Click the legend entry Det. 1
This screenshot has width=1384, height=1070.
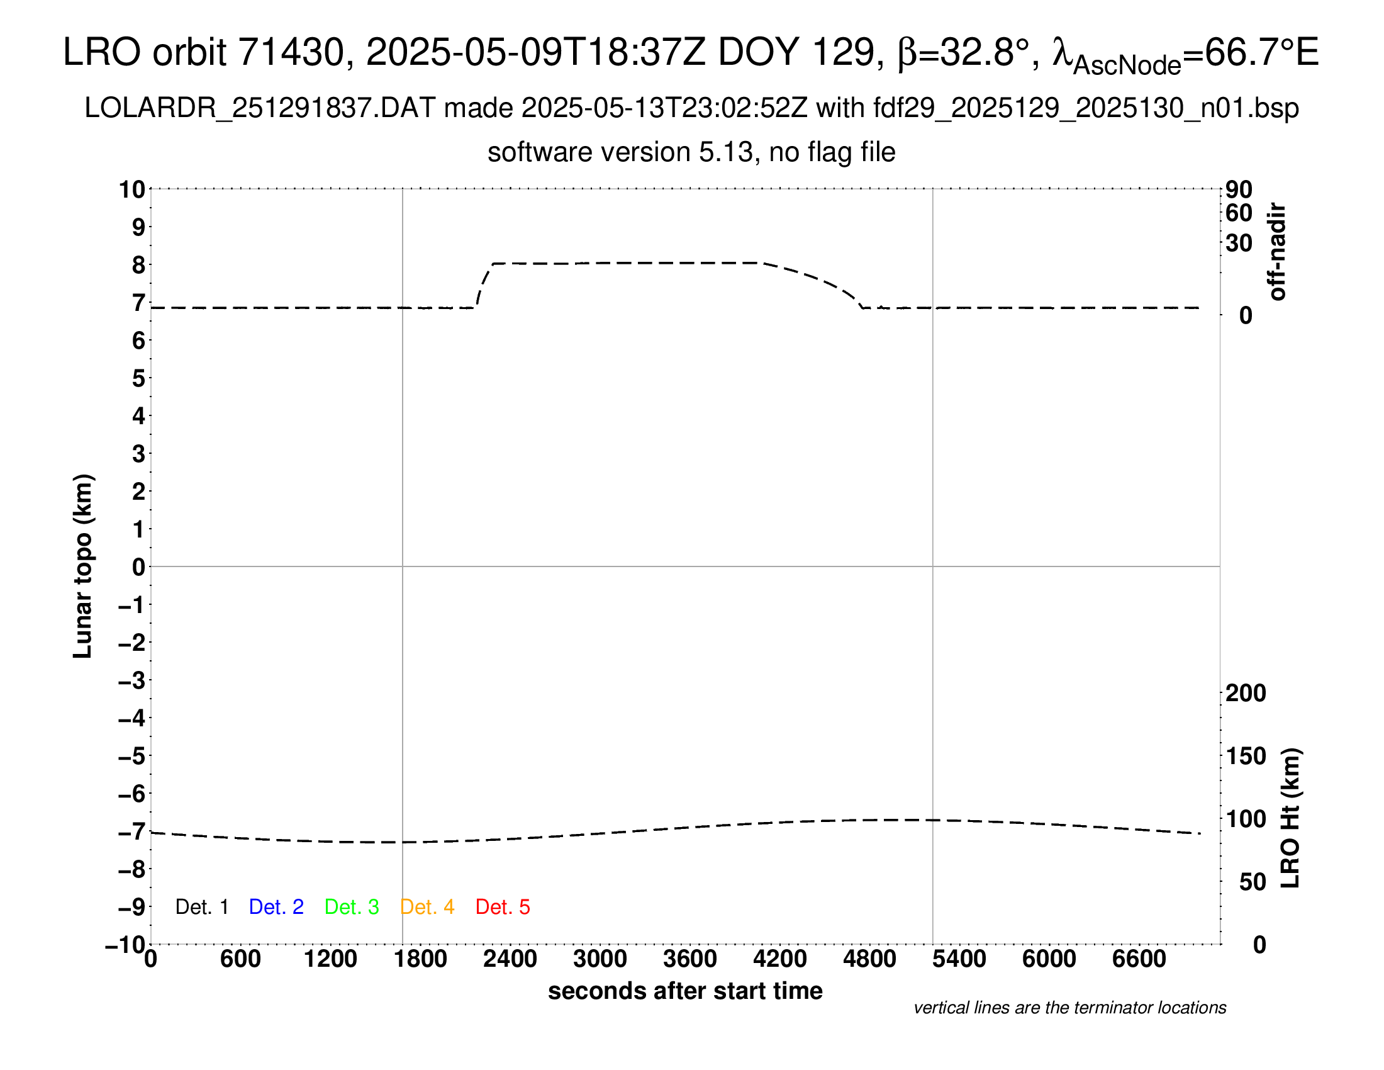[201, 907]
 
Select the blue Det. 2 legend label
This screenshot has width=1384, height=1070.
[276, 907]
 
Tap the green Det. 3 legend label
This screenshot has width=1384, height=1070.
[352, 907]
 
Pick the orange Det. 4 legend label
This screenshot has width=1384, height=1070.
[427, 907]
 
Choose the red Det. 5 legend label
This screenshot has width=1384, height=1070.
[503, 907]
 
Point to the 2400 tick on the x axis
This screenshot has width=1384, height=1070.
[510, 959]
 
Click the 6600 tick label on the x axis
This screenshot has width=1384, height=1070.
[1139, 959]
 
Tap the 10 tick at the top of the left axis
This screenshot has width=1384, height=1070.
[133, 189]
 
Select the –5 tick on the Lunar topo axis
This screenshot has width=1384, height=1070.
[131, 756]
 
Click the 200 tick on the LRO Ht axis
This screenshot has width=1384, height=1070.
[1245, 693]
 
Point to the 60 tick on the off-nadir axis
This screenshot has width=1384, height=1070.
[1239, 213]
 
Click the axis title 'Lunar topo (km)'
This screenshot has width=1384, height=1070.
[83, 566]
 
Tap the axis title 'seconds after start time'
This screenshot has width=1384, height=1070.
[685, 991]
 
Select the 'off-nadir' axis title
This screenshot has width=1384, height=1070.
[1277, 252]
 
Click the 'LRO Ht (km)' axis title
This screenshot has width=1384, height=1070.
[1290, 818]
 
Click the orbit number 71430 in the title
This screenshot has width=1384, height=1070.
[290, 52]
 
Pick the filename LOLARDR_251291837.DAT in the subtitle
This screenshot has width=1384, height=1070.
[259, 108]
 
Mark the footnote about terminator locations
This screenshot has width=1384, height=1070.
[1069, 1008]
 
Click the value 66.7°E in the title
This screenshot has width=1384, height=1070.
[1261, 52]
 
